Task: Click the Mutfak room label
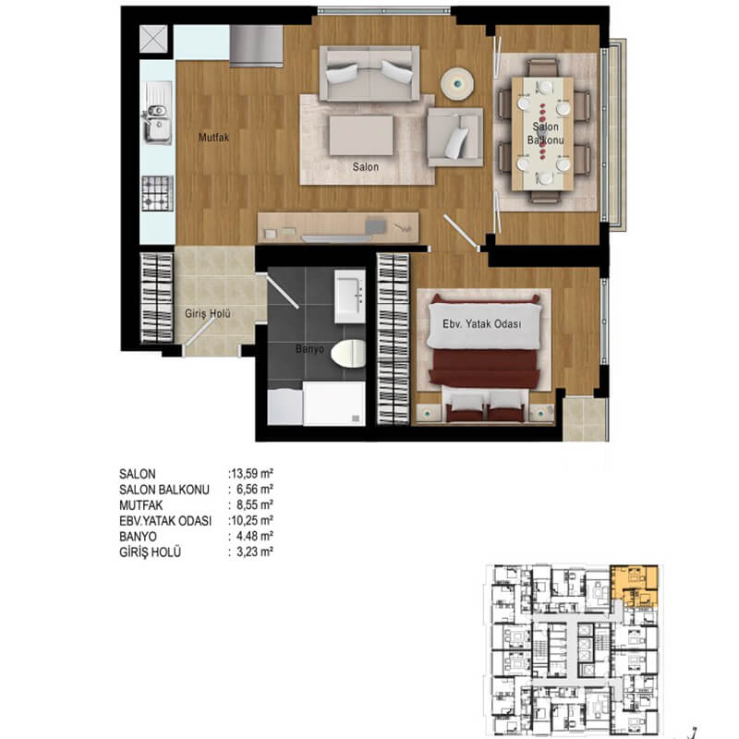[213, 138]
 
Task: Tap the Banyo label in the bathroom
[309, 349]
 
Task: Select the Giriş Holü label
[207, 313]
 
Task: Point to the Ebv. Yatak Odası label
[481, 324]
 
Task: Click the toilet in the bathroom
[348, 354]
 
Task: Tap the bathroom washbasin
[350, 297]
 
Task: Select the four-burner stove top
[157, 193]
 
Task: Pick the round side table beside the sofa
[456, 84]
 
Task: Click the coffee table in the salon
[361, 135]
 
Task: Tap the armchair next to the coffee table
[454, 137]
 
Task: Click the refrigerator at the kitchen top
[257, 45]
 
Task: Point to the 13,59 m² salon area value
[251, 473]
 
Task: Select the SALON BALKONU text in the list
[164, 490]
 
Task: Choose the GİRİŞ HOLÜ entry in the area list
[150, 551]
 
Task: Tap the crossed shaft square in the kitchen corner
[153, 39]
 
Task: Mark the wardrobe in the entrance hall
[157, 297]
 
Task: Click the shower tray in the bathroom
[333, 404]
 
